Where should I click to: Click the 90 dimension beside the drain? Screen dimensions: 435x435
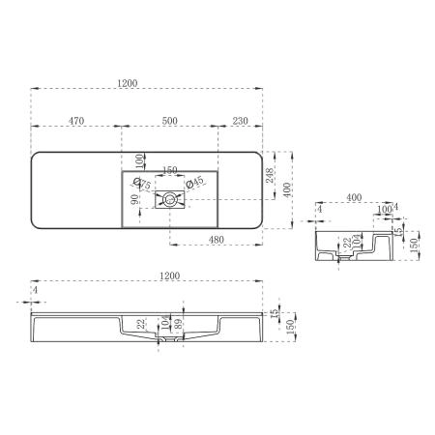(x=136, y=200)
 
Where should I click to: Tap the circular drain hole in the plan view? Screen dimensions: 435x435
(x=169, y=200)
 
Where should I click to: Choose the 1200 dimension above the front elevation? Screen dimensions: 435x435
(x=170, y=277)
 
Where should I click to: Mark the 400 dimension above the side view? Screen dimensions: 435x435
(x=354, y=198)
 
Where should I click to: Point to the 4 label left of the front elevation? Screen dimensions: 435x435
(x=34, y=289)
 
